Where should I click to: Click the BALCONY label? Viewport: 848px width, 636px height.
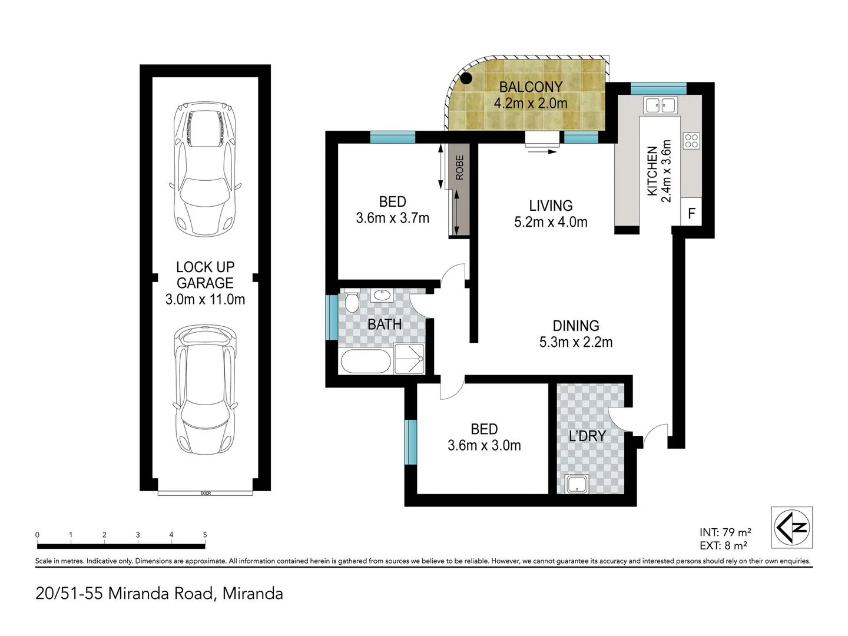click(531, 87)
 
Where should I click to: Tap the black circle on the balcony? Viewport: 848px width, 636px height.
click(466, 78)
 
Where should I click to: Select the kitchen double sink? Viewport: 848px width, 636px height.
click(660, 105)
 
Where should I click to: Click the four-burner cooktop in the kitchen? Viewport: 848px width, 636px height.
click(691, 141)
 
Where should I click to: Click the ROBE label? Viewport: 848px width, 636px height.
click(459, 168)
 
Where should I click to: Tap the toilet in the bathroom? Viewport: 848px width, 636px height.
click(351, 301)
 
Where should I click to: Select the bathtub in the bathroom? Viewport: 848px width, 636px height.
click(366, 361)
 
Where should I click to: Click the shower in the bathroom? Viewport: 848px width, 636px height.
click(409, 359)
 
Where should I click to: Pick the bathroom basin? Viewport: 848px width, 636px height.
click(382, 296)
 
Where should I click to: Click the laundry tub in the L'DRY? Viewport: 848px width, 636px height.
click(577, 484)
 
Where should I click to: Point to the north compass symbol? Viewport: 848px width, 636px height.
click(791, 528)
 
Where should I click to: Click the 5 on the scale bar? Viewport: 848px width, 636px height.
click(205, 535)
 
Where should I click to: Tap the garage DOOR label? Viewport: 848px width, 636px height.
click(206, 493)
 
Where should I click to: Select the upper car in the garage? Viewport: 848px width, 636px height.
click(205, 169)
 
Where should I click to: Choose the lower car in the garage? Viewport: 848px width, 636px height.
click(205, 390)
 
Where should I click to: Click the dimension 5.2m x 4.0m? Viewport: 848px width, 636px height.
click(551, 222)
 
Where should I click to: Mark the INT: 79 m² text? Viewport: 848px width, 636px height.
click(725, 532)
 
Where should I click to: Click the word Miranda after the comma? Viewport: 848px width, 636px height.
click(253, 594)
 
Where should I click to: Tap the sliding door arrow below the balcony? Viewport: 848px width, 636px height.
click(542, 152)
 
